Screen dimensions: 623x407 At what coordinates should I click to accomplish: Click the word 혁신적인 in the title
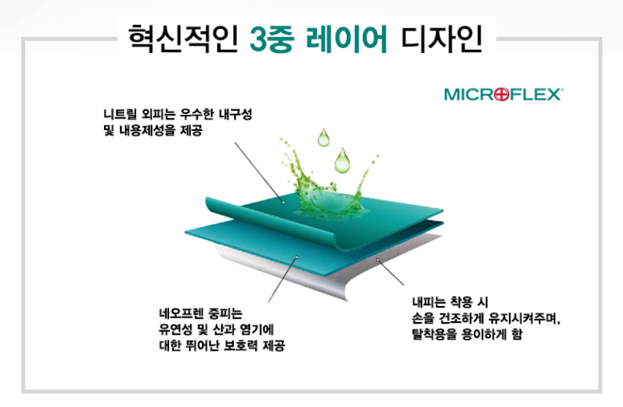(x=183, y=38)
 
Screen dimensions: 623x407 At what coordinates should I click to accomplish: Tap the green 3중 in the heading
(x=272, y=39)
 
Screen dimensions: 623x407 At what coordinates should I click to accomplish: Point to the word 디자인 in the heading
(x=442, y=38)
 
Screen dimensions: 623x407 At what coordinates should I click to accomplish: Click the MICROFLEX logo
(x=503, y=95)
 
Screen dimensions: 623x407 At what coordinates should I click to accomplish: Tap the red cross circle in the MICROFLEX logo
(x=502, y=95)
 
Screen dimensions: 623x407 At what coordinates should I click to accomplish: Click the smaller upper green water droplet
(x=324, y=138)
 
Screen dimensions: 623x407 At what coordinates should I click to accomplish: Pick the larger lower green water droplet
(x=342, y=161)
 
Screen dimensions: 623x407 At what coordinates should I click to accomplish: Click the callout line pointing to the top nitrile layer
(x=259, y=172)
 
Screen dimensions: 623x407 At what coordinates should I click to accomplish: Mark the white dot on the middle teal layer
(x=296, y=256)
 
